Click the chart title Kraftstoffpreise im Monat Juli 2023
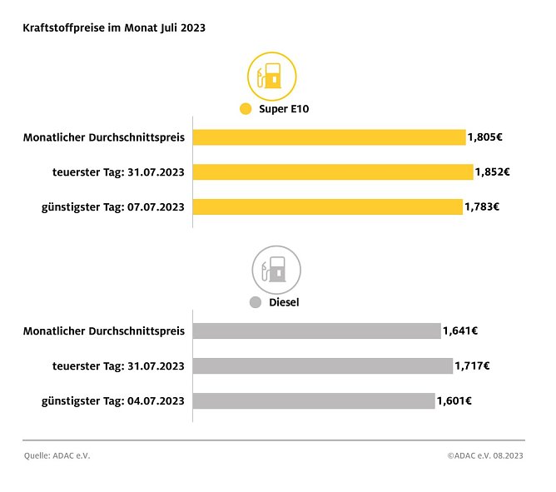tap(114, 27)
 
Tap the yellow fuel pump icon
tap(271, 77)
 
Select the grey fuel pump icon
tap(276, 268)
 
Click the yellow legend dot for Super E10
tap(245, 109)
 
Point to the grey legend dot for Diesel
tap(256, 302)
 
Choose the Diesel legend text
tap(284, 302)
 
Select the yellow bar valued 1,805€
tap(329, 137)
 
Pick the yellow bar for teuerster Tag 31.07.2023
tap(333, 171)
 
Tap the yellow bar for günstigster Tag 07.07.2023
tap(327, 206)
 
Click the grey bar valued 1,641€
tap(316, 330)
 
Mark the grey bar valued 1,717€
tap(323, 365)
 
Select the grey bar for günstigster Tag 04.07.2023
tap(314, 400)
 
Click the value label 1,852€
tap(492, 171)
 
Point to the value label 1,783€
tap(482, 206)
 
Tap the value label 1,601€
tap(454, 400)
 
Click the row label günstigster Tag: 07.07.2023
tap(112, 206)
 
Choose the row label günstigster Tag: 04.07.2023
tap(112, 400)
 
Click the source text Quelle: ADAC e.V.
tap(57, 455)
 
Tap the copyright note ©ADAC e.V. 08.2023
tap(485, 455)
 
